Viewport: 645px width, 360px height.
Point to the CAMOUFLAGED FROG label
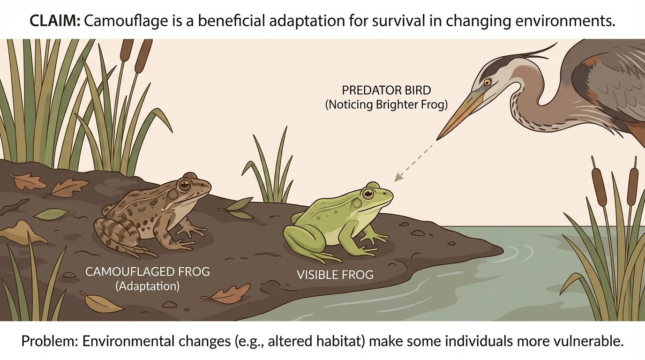coord(147,271)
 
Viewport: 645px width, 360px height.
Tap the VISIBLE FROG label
coord(335,274)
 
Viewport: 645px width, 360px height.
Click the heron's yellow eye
coord(487,82)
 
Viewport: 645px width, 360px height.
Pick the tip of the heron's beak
coord(438,139)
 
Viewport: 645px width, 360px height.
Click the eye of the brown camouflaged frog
coord(184,184)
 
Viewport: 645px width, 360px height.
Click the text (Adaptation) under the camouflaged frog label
coord(147,286)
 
